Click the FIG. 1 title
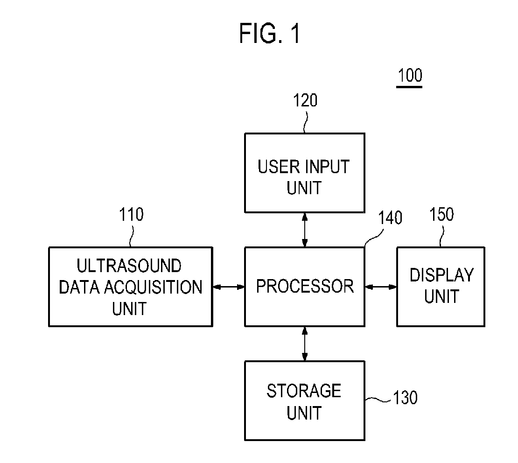[269, 33]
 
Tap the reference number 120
[305, 100]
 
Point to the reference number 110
[131, 214]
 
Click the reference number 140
[390, 218]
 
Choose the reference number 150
[441, 214]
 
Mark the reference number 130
[405, 397]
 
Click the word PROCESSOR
[305, 286]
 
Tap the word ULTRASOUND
[129, 266]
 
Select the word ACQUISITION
[153, 287]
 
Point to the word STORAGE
[304, 391]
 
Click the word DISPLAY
[441, 275]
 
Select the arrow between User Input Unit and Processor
[305, 230]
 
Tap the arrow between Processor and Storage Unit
[305, 344]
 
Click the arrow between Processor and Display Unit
[381, 287]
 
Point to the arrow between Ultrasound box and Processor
[229, 287]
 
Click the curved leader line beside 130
[378, 400]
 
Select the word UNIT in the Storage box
[304, 413]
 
